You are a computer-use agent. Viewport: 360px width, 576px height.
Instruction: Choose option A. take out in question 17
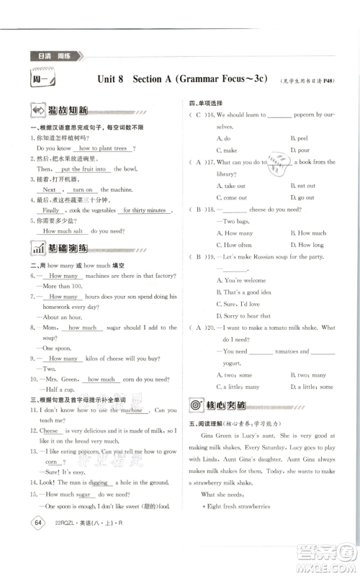230,186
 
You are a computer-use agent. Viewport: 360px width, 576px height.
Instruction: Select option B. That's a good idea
246,292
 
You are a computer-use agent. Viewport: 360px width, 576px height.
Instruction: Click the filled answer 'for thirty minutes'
145,210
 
